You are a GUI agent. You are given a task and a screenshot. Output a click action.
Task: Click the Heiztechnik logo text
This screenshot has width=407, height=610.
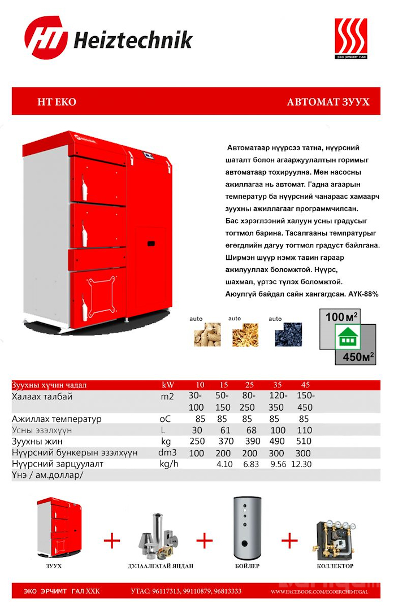coord(133,40)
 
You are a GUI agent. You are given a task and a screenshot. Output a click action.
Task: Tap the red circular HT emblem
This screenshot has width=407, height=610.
coord(46,38)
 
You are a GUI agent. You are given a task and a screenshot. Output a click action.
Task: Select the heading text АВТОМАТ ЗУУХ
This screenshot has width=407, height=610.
coord(328,102)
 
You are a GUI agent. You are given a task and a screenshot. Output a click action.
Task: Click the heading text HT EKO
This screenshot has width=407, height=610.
coord(57,102)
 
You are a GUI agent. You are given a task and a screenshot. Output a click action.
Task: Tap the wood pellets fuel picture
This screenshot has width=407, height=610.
coord(207,334)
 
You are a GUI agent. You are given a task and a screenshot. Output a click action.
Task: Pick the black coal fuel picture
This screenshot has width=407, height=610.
coord(288,334)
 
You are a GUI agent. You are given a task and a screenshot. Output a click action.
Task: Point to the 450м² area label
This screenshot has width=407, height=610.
coord(355,356)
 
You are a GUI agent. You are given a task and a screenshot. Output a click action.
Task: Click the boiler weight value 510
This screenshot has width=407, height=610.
coord(304,442)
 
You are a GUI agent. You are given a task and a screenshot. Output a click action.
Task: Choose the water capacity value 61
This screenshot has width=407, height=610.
coord(222,430)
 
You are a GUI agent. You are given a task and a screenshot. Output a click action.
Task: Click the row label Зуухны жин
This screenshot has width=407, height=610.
coord(41,442)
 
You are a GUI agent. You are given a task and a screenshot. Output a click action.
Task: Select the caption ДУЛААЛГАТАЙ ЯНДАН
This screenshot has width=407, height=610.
coord(161,566)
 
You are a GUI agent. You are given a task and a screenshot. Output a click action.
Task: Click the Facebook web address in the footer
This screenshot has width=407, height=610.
coord(319,591)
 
